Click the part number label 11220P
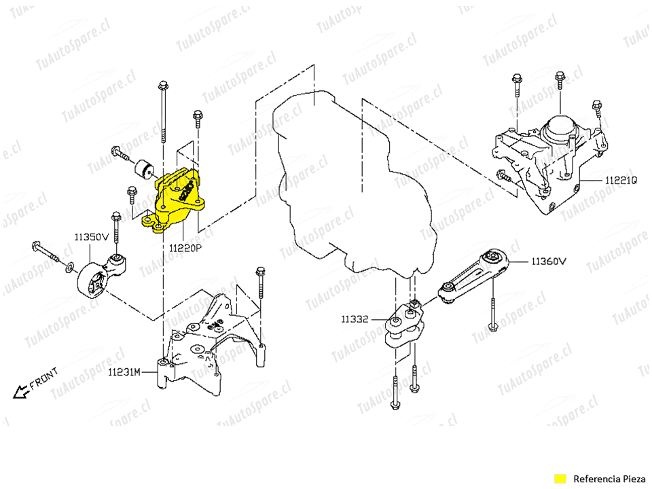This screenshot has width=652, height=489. click(x=185, y=249)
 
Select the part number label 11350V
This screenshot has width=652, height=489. click(x=92, y=237)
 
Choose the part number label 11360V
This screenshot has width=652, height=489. click(x=549, y=260)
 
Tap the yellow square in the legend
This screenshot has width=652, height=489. click(x=560, y=477)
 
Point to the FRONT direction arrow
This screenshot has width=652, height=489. click(x=20, y=389)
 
